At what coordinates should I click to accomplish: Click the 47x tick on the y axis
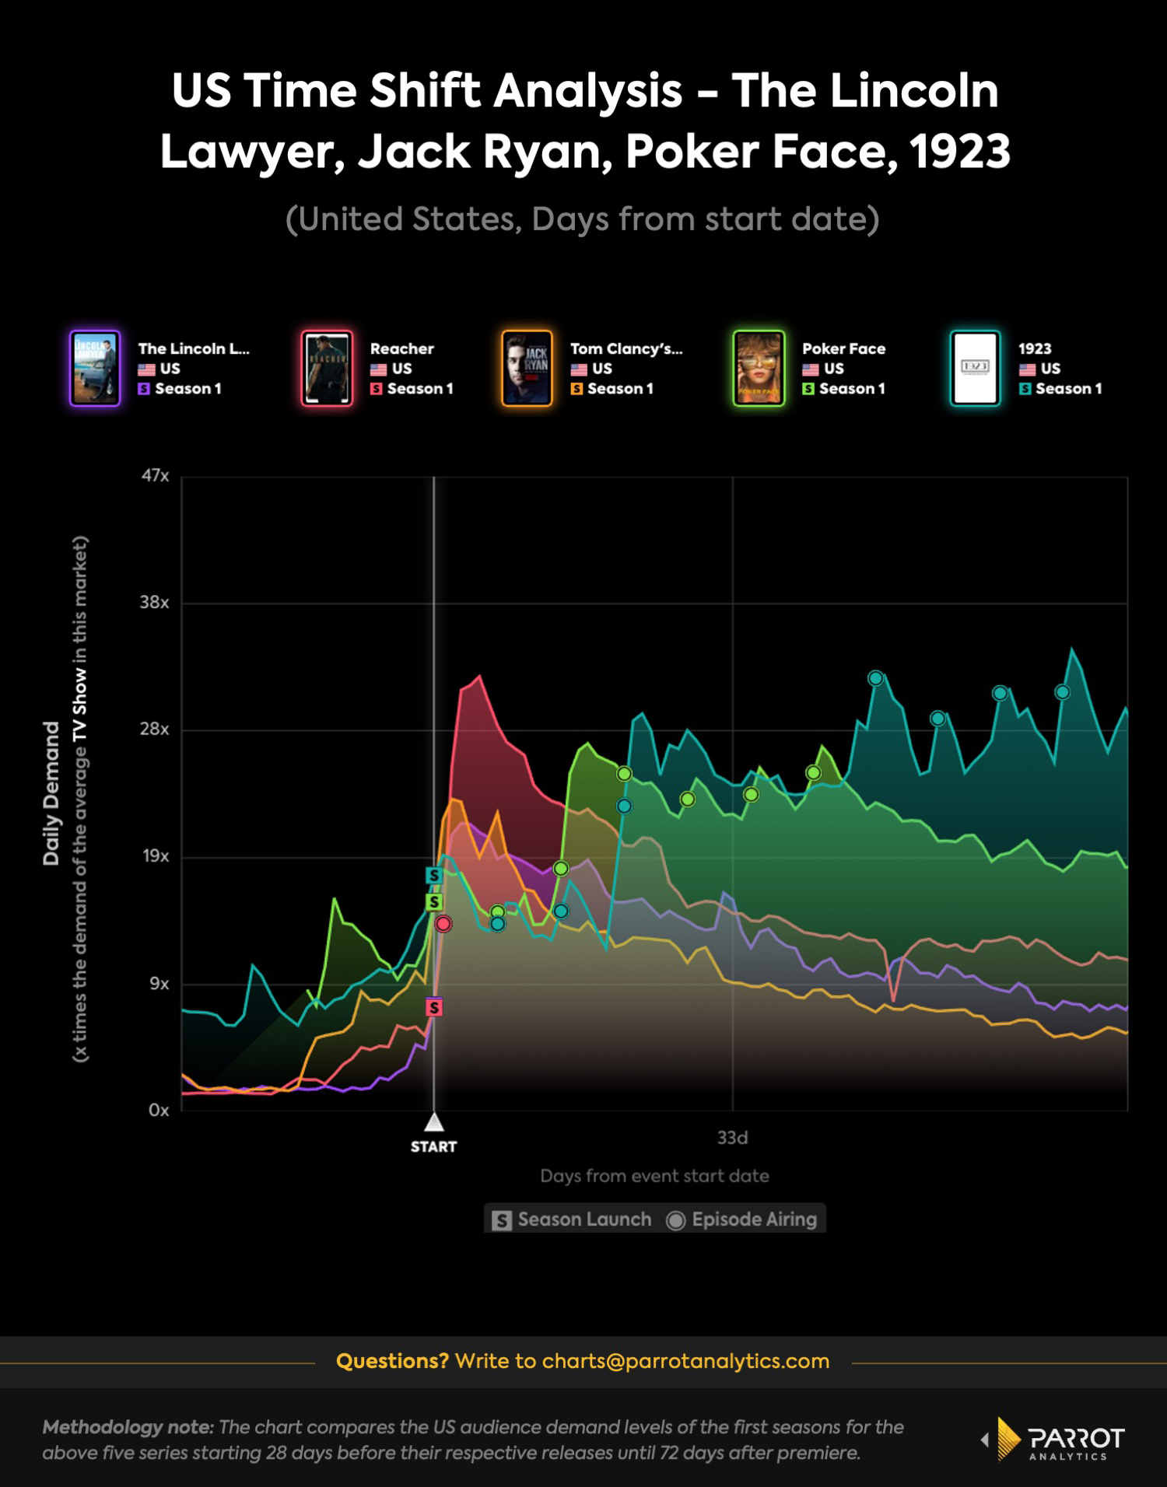click(x=155, y=476)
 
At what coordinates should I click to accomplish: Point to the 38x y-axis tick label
click(x=154, y=603)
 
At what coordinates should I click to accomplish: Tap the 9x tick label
click(x=159, y=984)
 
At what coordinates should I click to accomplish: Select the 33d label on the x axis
click(x=732, y=1138)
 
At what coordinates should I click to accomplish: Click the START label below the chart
click(x=433, y=1146)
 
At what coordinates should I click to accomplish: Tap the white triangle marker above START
click(x=433, y=1122)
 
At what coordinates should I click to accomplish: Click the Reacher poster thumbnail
click(x=327, y=369)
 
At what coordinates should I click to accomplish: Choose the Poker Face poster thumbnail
click(x=759, y=369)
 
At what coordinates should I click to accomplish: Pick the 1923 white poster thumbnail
click(x=975, y=369)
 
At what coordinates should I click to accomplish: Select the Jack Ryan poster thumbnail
click(x=527, y=369)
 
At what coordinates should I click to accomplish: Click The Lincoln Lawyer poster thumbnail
click(x=95, y=369)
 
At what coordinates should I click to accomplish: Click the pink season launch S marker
click(x=434, y=1007)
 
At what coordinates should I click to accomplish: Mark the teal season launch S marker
click(x=434, y=876)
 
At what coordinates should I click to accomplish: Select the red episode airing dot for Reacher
click(x=443, y=924)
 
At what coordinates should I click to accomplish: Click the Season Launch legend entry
click(x=573, y=1219)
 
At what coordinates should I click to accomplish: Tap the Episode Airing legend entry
click(x=743, y=1219)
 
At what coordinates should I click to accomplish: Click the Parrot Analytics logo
click(x=1054, y=1440)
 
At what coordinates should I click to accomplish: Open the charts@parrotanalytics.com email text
click(x=685, y=1361)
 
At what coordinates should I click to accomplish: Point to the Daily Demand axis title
click(x=51, y=793)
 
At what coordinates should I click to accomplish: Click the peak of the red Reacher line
click(x=479, y=677)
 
